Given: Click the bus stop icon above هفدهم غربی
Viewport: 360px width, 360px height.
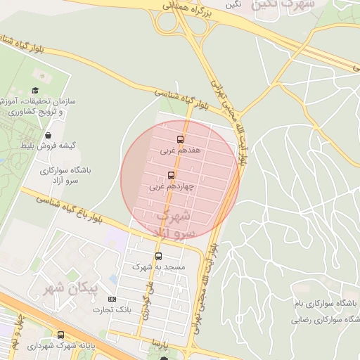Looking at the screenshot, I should tap(179, 139).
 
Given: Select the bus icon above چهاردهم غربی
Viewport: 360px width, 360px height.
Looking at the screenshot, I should tap(171, 176).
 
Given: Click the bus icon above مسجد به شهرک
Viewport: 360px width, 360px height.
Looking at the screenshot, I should tap(158, 257).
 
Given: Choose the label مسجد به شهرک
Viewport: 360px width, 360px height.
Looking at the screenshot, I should tap(158, 269).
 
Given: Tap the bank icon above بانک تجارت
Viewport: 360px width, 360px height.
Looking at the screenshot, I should tap(112, 300).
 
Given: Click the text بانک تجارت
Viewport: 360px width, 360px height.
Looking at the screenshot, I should tap(112, 310).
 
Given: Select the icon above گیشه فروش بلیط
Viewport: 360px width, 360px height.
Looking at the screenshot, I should tap(48, 135).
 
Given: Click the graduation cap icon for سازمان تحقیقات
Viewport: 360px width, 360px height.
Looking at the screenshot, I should tap(35, 91).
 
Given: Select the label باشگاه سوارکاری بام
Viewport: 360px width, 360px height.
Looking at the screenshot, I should tap(330, 303).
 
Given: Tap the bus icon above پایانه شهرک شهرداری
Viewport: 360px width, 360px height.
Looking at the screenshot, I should tap(61, 335).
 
